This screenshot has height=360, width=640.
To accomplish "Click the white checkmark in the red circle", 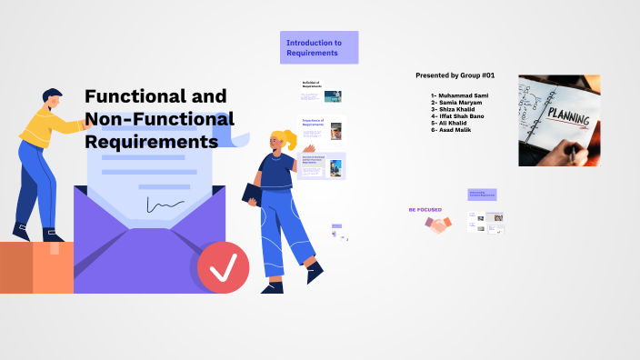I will click(224, 266).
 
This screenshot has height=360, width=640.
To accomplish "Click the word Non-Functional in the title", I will click(159, 119).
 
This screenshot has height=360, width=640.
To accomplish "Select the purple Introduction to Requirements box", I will click(318, 47).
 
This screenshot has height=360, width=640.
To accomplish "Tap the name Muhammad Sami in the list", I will click(461, 95).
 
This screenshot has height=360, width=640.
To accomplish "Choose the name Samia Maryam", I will click(459, 102).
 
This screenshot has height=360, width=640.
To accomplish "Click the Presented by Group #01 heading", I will click(455, 75).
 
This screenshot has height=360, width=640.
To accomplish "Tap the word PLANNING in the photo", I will click(567, 120).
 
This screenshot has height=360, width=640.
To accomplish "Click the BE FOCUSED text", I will click(425, 209).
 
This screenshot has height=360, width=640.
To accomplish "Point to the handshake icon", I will click(438, 225).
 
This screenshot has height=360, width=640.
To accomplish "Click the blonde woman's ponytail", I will click(291, 137).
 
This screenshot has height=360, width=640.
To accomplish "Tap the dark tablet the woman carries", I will click(255, 193).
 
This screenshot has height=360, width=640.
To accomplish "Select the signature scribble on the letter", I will click(165, 205).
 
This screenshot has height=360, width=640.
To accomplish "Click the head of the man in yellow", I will click(53, 99).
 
